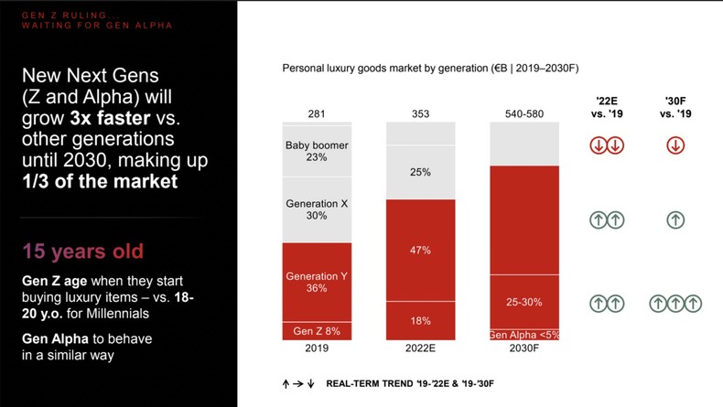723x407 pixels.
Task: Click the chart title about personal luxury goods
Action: coord(429,69)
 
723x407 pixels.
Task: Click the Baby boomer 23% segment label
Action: coord(317,151)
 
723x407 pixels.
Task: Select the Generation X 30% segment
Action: coord(317,209)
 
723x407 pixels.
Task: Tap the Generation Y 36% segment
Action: coord(317,282)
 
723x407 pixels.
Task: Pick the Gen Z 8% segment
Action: coord(317,330)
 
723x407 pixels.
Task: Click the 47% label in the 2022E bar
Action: coord(420,250)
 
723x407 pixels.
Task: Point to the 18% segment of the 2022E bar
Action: coord(420,321)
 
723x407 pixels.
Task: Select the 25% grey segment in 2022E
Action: coord(420,172)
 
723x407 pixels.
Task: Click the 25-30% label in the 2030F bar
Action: coord(523,303)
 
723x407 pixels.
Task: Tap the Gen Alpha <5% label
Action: coord(523,335)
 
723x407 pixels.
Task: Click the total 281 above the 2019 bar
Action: coord(317,113)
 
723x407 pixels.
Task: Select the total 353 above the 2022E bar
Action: coord(420,113)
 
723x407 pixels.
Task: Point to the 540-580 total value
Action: coord(523,113)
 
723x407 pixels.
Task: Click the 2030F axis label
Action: coord(523,348)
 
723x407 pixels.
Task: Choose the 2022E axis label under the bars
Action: coord(420,348)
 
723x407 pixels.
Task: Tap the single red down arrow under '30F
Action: coord(675,145)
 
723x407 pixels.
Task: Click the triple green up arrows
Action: coord(675,303)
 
